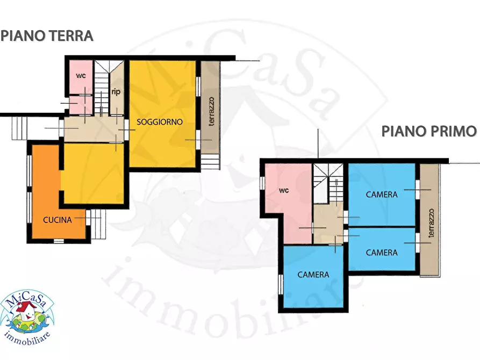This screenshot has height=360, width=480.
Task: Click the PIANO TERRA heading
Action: coord(47,36)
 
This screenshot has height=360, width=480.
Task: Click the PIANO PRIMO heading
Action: coord(429,131)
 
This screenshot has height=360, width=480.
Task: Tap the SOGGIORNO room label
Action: coord(160,122)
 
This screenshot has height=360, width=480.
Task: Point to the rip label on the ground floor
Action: coord(116,92)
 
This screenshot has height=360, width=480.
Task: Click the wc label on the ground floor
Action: coord(81,75)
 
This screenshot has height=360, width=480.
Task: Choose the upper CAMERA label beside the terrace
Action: coord(382,195)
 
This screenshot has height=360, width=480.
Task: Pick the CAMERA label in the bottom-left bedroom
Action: coord(313,275)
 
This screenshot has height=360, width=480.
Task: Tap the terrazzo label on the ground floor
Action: coord(211,111)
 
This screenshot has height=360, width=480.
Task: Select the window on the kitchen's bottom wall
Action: coord(59,240)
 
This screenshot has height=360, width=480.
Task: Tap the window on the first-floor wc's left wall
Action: coord(262,183)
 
